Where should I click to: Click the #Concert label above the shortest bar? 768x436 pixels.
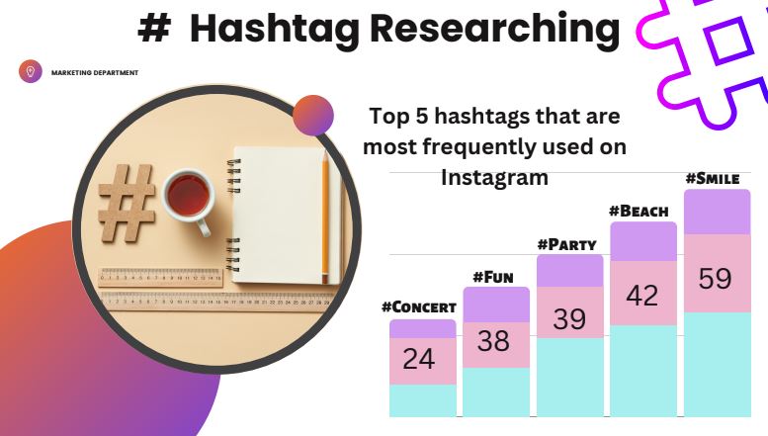coord(419,307)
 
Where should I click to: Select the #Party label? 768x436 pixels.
coord(568,243)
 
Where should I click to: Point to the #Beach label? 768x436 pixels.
coord(639,211)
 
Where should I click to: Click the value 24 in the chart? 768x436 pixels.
coord(419,359)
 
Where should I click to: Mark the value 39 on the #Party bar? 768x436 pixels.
coord(568,318)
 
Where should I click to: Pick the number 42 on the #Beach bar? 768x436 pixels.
coord(642,295)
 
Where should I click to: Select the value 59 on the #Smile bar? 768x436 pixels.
coord(716,279)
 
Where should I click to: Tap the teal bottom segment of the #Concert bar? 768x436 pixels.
coord(422,400)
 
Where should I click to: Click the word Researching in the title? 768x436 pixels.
coord(494,29)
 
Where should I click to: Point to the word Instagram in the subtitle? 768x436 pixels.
coord(494,179)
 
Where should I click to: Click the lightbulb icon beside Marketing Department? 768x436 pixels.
coord(30,71)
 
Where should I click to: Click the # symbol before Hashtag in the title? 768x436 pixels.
coord(153,31)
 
